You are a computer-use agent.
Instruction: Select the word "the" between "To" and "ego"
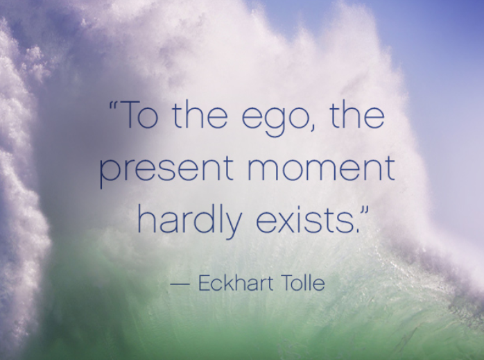200,114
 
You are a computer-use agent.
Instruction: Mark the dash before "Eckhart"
180,284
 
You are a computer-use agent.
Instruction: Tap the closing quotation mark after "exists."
365,212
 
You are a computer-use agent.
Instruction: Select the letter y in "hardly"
231,225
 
